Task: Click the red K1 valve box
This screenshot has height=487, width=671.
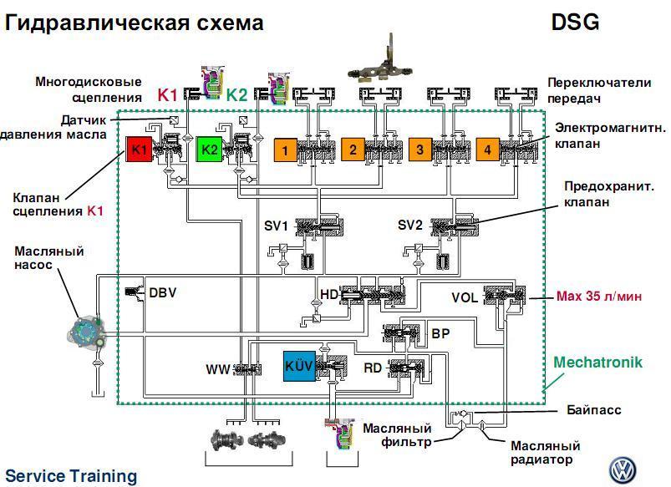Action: (140, 150)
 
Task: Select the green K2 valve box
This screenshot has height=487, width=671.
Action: (210, 150)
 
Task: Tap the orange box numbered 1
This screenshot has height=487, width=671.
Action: (286, 150)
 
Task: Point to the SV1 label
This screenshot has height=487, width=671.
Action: (276, 226)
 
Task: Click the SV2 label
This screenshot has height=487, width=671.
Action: (409, 226)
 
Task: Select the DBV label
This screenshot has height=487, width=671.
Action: (162, 292)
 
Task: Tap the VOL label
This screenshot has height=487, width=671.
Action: (465, 297)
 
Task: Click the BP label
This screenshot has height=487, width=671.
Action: (440, 332)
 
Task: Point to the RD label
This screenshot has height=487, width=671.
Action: (373, 368)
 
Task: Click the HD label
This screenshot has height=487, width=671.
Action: (329, 295)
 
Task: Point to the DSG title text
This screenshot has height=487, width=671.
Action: (575, 23)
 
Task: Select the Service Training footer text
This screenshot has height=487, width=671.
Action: (70, 476)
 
